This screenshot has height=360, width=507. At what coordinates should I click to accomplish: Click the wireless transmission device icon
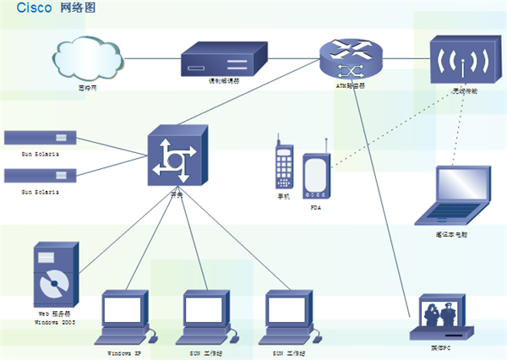click(459, 60)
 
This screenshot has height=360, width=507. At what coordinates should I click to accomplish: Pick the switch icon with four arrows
click(177, 155)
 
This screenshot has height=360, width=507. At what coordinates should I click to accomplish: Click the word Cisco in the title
click(33, 8)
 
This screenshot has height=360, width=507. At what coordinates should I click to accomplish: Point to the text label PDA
click(315, 206)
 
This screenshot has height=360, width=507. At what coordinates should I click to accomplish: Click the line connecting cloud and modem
click(152, 58)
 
